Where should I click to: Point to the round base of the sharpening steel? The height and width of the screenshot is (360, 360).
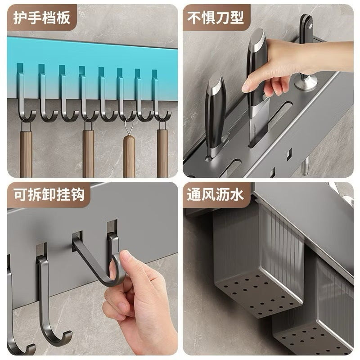tap(306, 83)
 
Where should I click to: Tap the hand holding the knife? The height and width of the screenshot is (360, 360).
tap(274, 67)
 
